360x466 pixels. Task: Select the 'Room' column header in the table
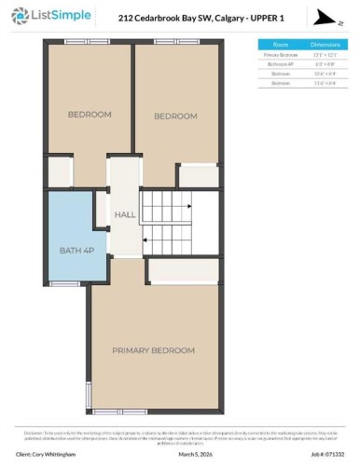click(281, 44)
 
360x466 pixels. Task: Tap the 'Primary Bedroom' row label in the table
click(281, 55)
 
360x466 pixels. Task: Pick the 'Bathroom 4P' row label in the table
click(281, 64)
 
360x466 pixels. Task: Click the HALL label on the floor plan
click(125, 215)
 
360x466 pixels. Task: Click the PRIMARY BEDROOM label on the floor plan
click(153, 350)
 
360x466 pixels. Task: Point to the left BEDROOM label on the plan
click(90, 115)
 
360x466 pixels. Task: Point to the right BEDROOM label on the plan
click(175, 116)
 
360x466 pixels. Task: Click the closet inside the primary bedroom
click(183, 270)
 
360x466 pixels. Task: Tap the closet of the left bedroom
click(61, 171)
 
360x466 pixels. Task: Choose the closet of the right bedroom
click(199, 174)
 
